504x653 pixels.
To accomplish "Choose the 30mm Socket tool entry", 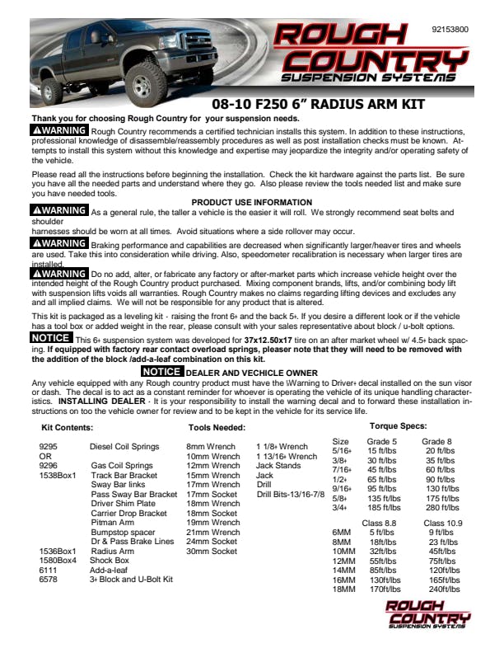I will click(212, 551).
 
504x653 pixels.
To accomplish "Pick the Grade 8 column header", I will click(436, 442).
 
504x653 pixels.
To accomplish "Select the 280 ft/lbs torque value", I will click(441, 508).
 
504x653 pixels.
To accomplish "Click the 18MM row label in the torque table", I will click(342, 590).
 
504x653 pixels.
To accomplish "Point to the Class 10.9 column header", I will click(443, 524).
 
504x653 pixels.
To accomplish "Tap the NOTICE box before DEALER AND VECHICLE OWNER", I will click(161, 372).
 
